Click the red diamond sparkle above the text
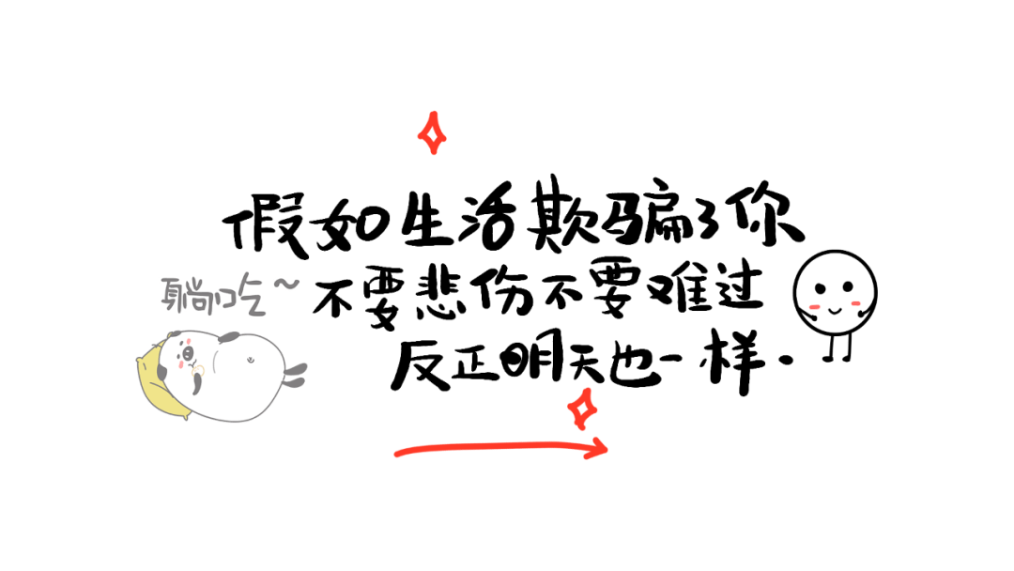pyautogui.click(x=432, y=133)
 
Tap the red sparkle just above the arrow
pyautogui.click(x=582, y=409)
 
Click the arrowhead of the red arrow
pyautogui.click(x=595, y=447)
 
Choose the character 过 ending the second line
pyautogui.click(x=736, y=290)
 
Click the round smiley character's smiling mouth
pyautogui.click(x=835, y=311)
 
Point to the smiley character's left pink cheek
pyautogui.click(x=815, y=306)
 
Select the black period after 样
pyautogui.click(x=786, y=362)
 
